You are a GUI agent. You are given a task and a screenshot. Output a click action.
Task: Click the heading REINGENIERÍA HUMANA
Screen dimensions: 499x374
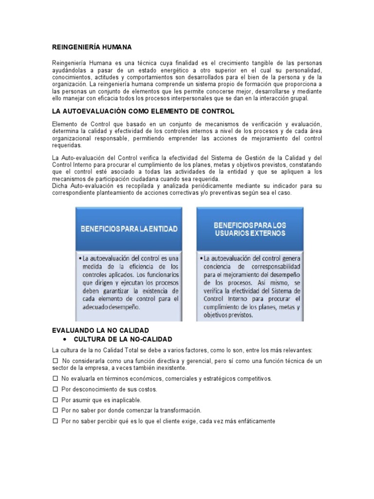92,47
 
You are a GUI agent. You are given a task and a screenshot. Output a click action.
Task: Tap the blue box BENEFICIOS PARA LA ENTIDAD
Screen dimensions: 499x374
129,229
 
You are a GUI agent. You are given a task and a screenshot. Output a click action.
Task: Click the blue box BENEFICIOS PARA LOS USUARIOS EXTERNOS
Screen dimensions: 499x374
250,229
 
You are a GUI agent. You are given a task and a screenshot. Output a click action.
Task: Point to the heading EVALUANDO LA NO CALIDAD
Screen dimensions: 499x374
100,330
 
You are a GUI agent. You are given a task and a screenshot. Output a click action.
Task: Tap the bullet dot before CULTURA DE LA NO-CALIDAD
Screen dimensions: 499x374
65,339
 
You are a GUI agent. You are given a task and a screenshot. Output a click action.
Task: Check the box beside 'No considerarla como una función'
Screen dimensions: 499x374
55,361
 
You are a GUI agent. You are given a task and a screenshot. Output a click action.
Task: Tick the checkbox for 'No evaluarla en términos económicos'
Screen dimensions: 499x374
55,378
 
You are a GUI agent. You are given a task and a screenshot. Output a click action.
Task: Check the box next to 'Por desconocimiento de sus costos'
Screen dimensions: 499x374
55,389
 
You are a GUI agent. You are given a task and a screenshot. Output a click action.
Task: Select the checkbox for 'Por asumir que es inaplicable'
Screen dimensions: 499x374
55,400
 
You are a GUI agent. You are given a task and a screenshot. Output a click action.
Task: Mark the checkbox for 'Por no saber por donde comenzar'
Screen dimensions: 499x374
55,411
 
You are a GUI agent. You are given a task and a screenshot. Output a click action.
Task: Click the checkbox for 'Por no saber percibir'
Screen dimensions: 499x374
55,422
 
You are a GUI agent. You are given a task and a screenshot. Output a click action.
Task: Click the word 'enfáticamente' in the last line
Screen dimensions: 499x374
256,422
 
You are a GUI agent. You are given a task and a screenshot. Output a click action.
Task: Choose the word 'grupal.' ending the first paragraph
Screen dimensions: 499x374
299,98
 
